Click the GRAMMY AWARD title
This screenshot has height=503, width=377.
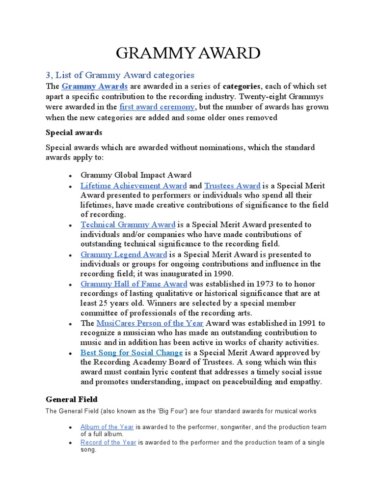(188, 53)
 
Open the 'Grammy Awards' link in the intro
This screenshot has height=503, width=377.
(95, 86)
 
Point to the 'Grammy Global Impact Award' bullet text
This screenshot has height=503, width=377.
(136, 175)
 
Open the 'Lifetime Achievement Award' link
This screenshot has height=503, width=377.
(134, 186)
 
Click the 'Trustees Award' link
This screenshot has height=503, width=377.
(232, 186)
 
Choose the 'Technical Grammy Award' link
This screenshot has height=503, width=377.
(128, 224)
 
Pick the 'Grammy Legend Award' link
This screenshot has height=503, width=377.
(124, 254)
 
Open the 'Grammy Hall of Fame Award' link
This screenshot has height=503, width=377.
(134, 284)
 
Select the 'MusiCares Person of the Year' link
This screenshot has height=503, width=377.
(150, 323)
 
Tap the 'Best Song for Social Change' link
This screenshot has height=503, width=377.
(132, 353)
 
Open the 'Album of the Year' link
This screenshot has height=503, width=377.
(107, 427)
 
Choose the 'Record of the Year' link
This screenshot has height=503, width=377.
(108, 443)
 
